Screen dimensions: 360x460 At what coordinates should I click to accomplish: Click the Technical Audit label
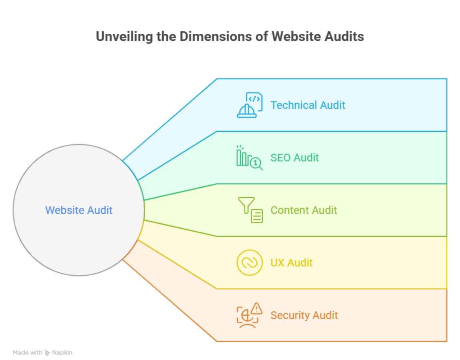point(308,105)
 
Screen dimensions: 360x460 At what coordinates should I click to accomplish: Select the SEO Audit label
point(294,157)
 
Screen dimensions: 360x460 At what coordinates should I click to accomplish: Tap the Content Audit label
point(304,210)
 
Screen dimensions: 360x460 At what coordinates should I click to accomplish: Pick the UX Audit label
point(291,262)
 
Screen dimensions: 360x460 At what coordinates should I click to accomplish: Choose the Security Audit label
point(304,315)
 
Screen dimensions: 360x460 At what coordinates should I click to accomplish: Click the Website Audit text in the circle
point(79,210)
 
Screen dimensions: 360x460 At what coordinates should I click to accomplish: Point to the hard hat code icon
point(249,105)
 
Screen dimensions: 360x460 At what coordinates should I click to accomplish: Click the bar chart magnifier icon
point(249,157)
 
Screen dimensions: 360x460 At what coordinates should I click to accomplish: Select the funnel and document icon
point(251,210)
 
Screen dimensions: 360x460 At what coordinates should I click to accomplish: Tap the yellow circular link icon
point(249,263)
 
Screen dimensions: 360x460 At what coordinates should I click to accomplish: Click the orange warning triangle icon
point(256,308)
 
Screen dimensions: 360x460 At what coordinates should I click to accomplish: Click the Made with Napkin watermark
point(42,352)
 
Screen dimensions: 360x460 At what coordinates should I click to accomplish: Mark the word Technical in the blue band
point(294,105)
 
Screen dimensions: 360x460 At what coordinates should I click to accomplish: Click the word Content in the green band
point(290,210)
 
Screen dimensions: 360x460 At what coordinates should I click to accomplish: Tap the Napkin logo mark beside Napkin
point(48,352)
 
